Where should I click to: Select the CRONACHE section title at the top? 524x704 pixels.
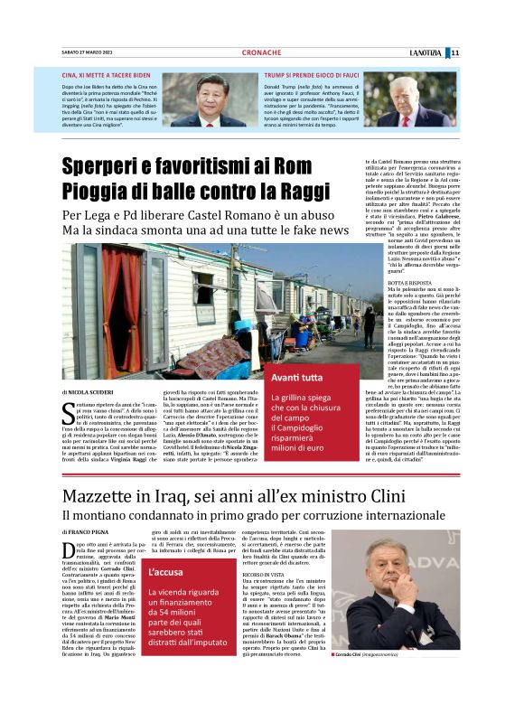261,52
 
